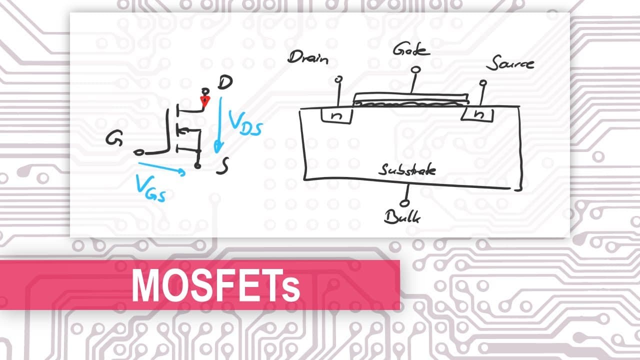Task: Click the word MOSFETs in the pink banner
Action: tap(216, 285)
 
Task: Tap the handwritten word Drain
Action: tap(308, 57)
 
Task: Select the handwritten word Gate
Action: tap(411, 49)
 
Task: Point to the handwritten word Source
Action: tap(510, 63)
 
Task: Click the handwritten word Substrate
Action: tap(407, 169)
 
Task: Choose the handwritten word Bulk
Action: tap(402, 217)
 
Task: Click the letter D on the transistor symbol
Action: tap(225, 82)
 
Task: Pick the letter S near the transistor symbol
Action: tap(222, 166)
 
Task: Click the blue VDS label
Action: tap(245, 123)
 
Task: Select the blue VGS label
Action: tap(150, 188)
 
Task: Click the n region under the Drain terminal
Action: tap(336, 115)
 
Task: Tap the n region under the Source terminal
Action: tap(477, 114)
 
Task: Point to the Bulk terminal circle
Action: tap(404, 203)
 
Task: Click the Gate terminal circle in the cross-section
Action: tap(415, 69)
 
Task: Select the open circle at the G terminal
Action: tap(138, 153)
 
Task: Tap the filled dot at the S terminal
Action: tap(197, 165)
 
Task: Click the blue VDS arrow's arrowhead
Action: tap(218, 147)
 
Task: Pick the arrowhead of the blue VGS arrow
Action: tap(181, 172)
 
